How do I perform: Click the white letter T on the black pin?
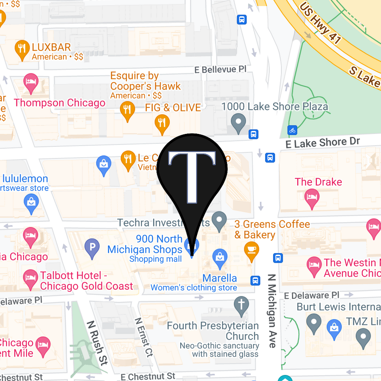coord(193,175)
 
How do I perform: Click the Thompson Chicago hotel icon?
coord(31,81)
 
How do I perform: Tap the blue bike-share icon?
coord(293,130)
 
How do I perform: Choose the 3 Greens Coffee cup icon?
coord(251,249)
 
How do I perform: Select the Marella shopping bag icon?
coord(220,255)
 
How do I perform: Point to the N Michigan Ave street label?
coord(272,311)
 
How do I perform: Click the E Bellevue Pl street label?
coord(220,69)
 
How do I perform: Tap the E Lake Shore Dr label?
coord(323,142)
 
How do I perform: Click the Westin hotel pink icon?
coord(314,265)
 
